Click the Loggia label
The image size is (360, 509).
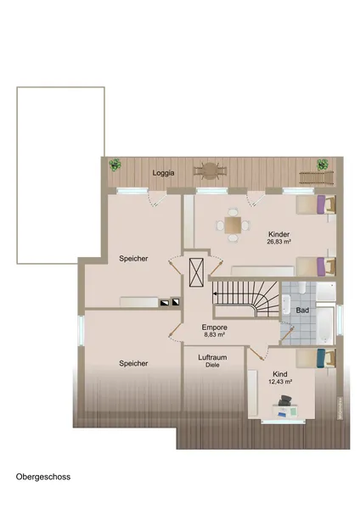coord(163,173)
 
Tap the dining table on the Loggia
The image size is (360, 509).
coord(211,171)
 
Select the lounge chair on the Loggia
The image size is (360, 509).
coord(317,177)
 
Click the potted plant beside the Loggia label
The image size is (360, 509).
coord(115,165)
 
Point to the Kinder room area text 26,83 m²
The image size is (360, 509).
coord(278,242)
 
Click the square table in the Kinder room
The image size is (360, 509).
coord(233,225)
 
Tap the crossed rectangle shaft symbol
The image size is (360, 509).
coord(196,272)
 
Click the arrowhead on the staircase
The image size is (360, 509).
coord(215,294)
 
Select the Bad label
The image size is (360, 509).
coord(302,310)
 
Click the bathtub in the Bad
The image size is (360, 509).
coord(325,325)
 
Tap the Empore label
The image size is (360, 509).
coord(215,327)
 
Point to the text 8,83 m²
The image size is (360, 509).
coord(215,334)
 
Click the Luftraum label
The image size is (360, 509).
coord(212,357)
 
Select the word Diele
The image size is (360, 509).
coord(212,365)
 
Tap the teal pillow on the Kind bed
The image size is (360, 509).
coord(321,358)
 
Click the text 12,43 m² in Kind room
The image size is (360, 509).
coord(279,382)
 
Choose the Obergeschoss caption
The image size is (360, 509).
coord(43,477)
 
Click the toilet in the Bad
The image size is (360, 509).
coord(302,287)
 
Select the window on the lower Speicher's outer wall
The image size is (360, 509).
coord(81,330)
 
